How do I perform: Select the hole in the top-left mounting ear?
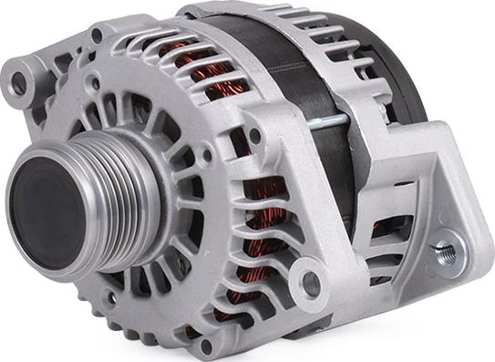[x=17, y=83]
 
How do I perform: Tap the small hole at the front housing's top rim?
[x=97, y=36]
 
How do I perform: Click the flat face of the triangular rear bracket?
[x=428, y=182]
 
